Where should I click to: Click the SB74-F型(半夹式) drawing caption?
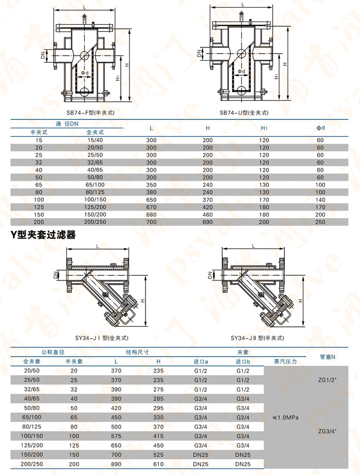click(x=91, y=112)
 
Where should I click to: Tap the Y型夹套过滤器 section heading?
click(x=43, y=235)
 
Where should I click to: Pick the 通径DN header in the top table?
click(x=67, y=124)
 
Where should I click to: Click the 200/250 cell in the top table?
click(x=95, y=222)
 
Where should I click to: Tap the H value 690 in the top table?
click(x=207, y=222)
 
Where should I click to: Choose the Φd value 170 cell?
click(x=320, y=207)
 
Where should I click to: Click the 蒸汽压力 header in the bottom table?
click(x=286, y=361)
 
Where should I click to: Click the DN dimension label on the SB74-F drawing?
click(x=43, y=53)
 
